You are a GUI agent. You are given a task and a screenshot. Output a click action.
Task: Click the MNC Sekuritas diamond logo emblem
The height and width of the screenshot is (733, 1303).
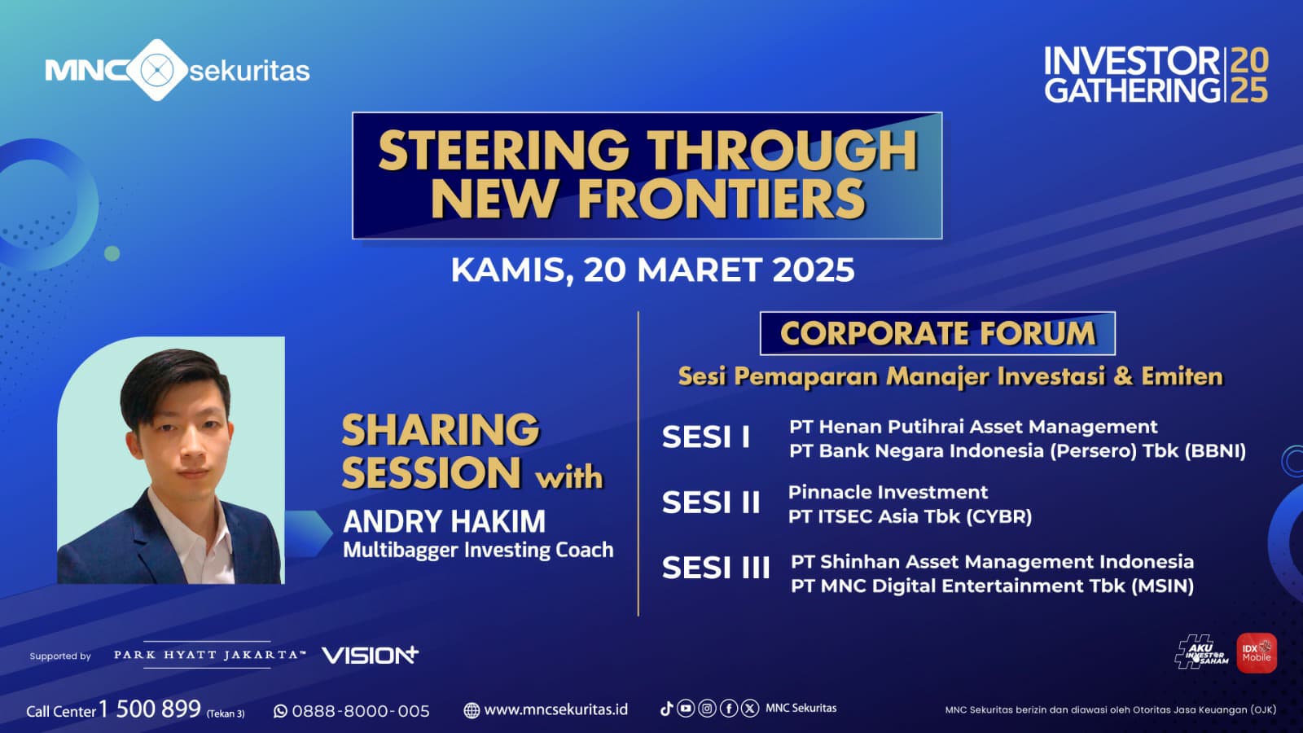[x=157, y=70]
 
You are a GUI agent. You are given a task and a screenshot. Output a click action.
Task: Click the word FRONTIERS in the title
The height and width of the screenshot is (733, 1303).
[x=722, y=198]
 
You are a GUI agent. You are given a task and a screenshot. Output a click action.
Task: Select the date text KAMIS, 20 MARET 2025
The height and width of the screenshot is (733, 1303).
[x=652, y=270]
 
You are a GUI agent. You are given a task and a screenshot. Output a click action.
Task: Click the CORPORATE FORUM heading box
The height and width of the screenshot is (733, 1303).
[x=937, y=333]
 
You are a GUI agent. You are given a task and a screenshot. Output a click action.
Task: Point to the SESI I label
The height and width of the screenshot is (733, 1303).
[x=706, y=437]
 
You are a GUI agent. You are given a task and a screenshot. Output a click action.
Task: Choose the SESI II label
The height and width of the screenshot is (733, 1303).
[x=711, y=502]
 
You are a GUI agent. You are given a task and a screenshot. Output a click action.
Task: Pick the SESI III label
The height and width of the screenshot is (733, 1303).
[x=716, y=567]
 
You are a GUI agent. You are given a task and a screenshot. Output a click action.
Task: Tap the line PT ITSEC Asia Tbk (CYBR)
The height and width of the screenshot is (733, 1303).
[x=910, y=516]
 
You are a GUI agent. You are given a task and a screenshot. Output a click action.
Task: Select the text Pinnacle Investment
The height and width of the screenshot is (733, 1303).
[x=888, y=492]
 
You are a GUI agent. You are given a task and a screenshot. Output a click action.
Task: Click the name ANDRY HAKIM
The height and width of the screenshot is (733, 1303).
[x=445, y=521]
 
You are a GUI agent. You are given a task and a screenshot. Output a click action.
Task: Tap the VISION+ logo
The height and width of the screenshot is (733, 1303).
[x=370, y=655]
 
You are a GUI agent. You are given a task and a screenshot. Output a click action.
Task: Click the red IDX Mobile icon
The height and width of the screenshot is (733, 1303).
[x=1257, y=653]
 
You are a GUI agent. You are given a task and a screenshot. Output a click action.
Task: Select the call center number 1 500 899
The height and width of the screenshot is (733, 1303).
[x=150, y=709]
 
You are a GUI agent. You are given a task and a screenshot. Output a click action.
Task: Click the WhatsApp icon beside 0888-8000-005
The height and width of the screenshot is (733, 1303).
[x=280, y=711]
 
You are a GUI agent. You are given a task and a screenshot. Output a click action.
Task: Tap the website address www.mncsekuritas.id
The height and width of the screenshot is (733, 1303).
[x=556, y=709]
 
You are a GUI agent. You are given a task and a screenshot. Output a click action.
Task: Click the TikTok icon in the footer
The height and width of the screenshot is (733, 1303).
[x=667, y=708]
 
